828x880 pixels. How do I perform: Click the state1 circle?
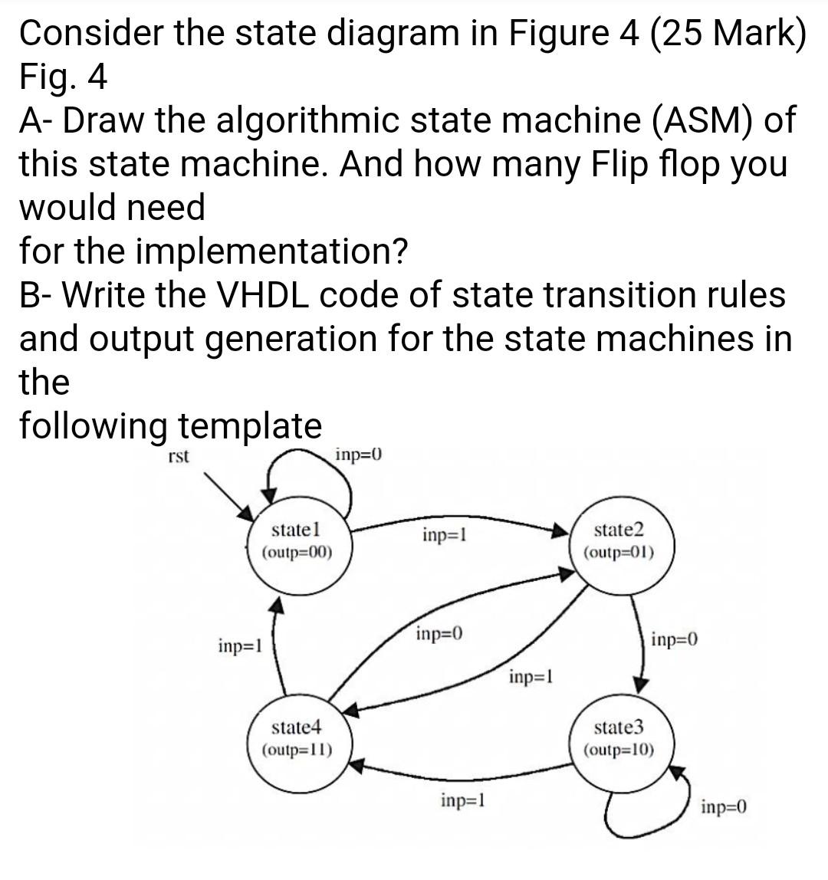(297, 541)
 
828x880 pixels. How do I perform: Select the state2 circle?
(618, 541)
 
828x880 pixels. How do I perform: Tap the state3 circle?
(618, 738)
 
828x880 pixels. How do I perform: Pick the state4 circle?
(297, 738)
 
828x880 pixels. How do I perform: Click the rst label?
(178, 457)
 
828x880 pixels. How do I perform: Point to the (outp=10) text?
(618, 749)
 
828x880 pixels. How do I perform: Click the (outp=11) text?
(297, 749)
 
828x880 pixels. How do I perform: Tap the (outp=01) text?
(618, 552)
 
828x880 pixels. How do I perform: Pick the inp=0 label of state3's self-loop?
(724, 806)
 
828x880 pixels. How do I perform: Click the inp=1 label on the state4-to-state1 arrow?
(240, 645)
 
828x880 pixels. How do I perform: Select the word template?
(250, 425)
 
